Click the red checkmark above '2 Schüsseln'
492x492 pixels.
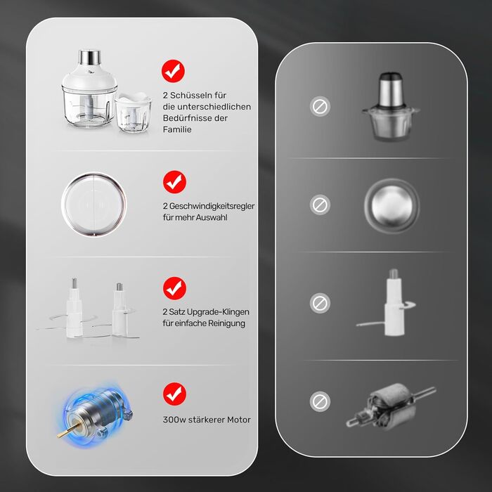click(x=173, y=71)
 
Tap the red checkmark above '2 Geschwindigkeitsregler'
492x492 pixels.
click(x=174, y=182)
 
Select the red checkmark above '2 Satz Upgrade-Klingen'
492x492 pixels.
click(x=174, y=288)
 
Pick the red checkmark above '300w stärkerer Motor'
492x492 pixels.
click(x=174, y=394)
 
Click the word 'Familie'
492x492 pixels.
click(x=177, y=129)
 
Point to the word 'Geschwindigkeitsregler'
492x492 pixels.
click(x=212, y=206)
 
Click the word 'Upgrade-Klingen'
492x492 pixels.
click(x=218, y=312)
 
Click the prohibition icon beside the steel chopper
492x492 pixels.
click(x=320, y=106)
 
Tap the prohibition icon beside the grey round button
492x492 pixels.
click(x=320, y=205)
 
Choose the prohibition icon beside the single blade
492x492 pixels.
click(x=320, y=304)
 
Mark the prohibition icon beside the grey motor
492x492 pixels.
click(x=320, y=401)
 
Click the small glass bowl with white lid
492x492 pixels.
click(x=134, y=112)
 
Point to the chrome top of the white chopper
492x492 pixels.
click(x=90, y=58)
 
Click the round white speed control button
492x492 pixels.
click(x=93, y=205)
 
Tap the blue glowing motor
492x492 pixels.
click(x=96, y=414)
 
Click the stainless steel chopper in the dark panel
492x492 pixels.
click(x=391, y=106)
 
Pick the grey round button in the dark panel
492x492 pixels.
click(x=391, y=205)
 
